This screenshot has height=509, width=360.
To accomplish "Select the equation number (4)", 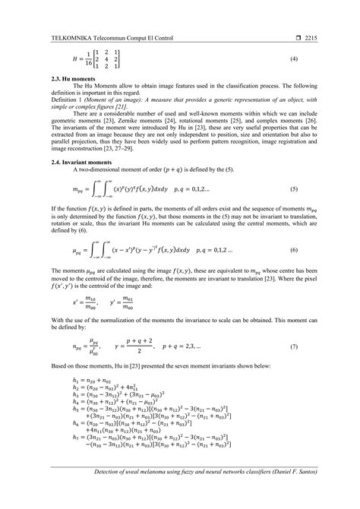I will tap(314, 58).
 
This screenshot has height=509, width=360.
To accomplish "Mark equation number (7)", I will tap(314, 346).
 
